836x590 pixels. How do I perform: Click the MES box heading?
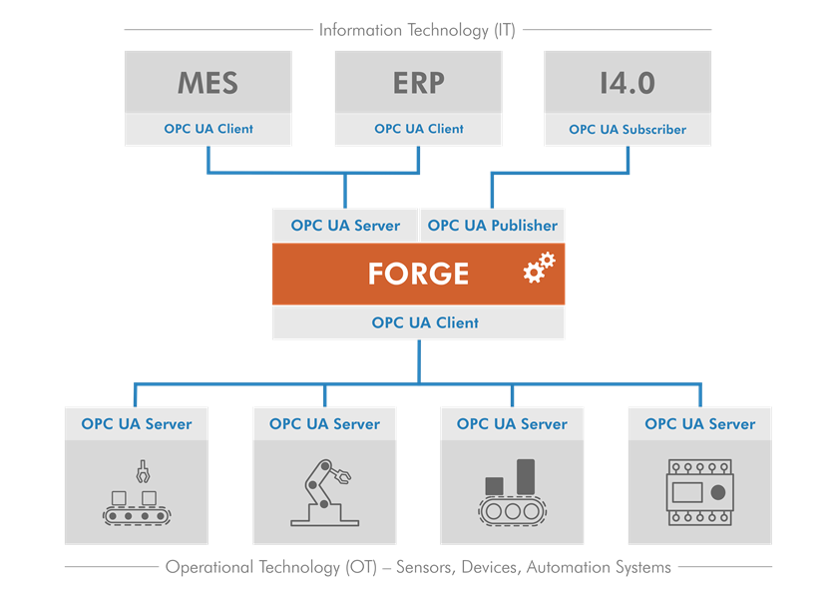(209, 82)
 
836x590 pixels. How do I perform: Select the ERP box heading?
(418, 82)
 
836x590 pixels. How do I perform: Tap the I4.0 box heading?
(627, 82)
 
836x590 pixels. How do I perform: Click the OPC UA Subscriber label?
(627, 129)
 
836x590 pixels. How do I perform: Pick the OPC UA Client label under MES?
(209, 129)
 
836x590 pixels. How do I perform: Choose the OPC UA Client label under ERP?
(418, 129)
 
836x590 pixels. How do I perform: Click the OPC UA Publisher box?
(492, 226)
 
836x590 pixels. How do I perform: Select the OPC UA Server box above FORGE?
(345, 226)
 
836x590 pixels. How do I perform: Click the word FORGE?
(418, 274)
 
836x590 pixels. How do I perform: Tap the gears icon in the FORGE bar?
(539, 268)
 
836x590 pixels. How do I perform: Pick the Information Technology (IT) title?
(417, 30)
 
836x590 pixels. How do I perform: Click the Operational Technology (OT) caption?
(418, 567)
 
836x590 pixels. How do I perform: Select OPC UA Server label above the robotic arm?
(324, 423)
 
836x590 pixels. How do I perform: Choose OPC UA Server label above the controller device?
(699, 423)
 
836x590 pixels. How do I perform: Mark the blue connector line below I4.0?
(627, 162)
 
